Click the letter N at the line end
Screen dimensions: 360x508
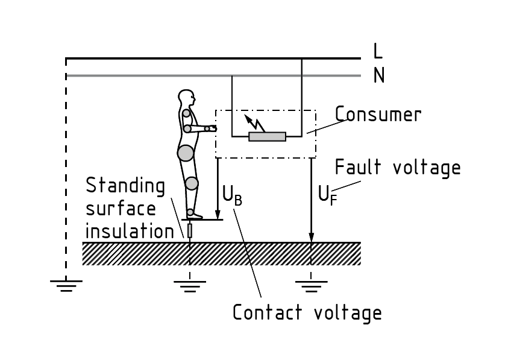(378, 75)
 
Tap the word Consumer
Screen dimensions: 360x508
(378, 114)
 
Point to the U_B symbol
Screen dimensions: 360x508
(232, 194)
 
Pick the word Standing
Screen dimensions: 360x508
(125, 186)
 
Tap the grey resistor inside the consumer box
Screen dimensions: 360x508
(267, 137)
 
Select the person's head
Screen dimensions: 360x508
(187, 98)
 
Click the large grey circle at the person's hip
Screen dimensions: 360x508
(186, 153)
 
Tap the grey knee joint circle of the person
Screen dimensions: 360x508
(191, 183)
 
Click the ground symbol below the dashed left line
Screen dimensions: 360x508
(66, 285)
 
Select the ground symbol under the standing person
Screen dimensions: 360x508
(190, 285)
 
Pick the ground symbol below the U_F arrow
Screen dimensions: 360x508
(311, 285)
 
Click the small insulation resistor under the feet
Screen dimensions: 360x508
(190, 230)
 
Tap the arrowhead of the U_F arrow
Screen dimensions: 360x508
(311, 236)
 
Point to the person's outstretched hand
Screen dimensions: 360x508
(209, 128)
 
